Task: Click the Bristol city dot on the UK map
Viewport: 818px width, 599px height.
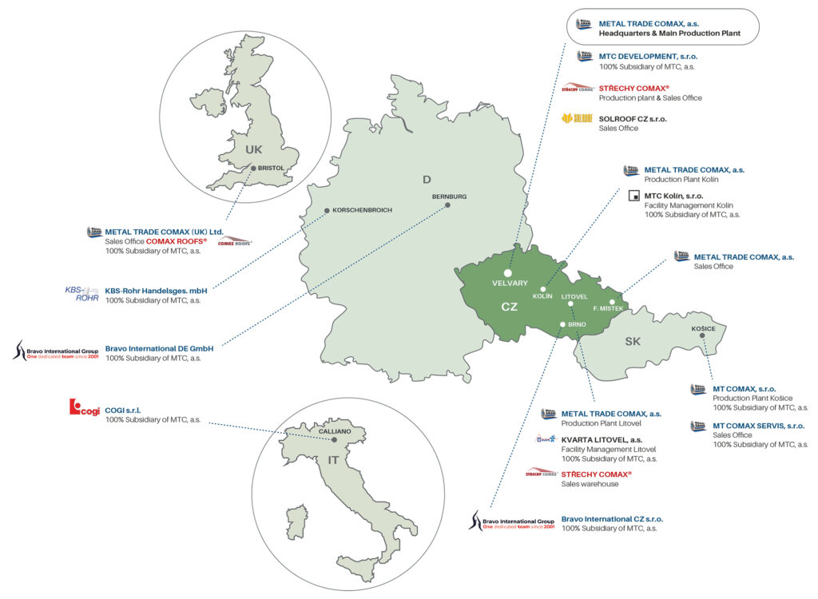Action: click(253, 168)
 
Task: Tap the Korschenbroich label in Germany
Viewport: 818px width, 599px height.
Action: click(363, 210)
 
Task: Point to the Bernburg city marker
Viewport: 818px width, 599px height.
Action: click(447, 205)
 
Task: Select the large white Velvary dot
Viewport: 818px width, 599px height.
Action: click(507, 273)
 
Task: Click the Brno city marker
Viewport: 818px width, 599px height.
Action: click(563, 324)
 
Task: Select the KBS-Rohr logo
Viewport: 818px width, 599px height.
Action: click(81, 293)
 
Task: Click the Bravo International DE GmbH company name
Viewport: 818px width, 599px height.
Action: click(159, 348)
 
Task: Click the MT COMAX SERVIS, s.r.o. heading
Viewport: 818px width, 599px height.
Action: click(759, 426)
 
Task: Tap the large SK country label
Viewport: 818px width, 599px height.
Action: click(633, 341)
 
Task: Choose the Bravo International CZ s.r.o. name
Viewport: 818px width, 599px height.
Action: click(612, 519)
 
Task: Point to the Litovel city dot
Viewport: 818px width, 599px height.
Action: click(570, 303)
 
